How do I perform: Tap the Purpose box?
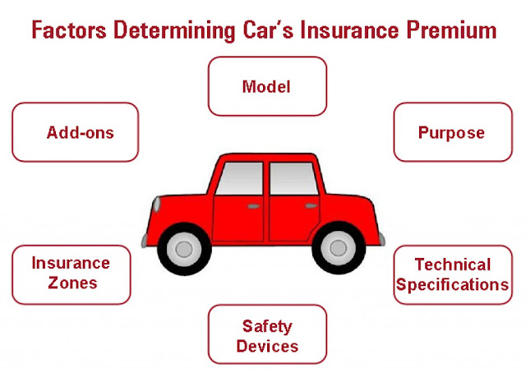click(x=451, y=131)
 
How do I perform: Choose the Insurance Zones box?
click(x=71, y=274)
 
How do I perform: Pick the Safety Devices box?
click(x=267, y=335)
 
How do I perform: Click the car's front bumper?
click(x=145, y=239)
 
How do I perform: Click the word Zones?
click(x=71, y=283)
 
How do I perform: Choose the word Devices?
click(x=267, y=346)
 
